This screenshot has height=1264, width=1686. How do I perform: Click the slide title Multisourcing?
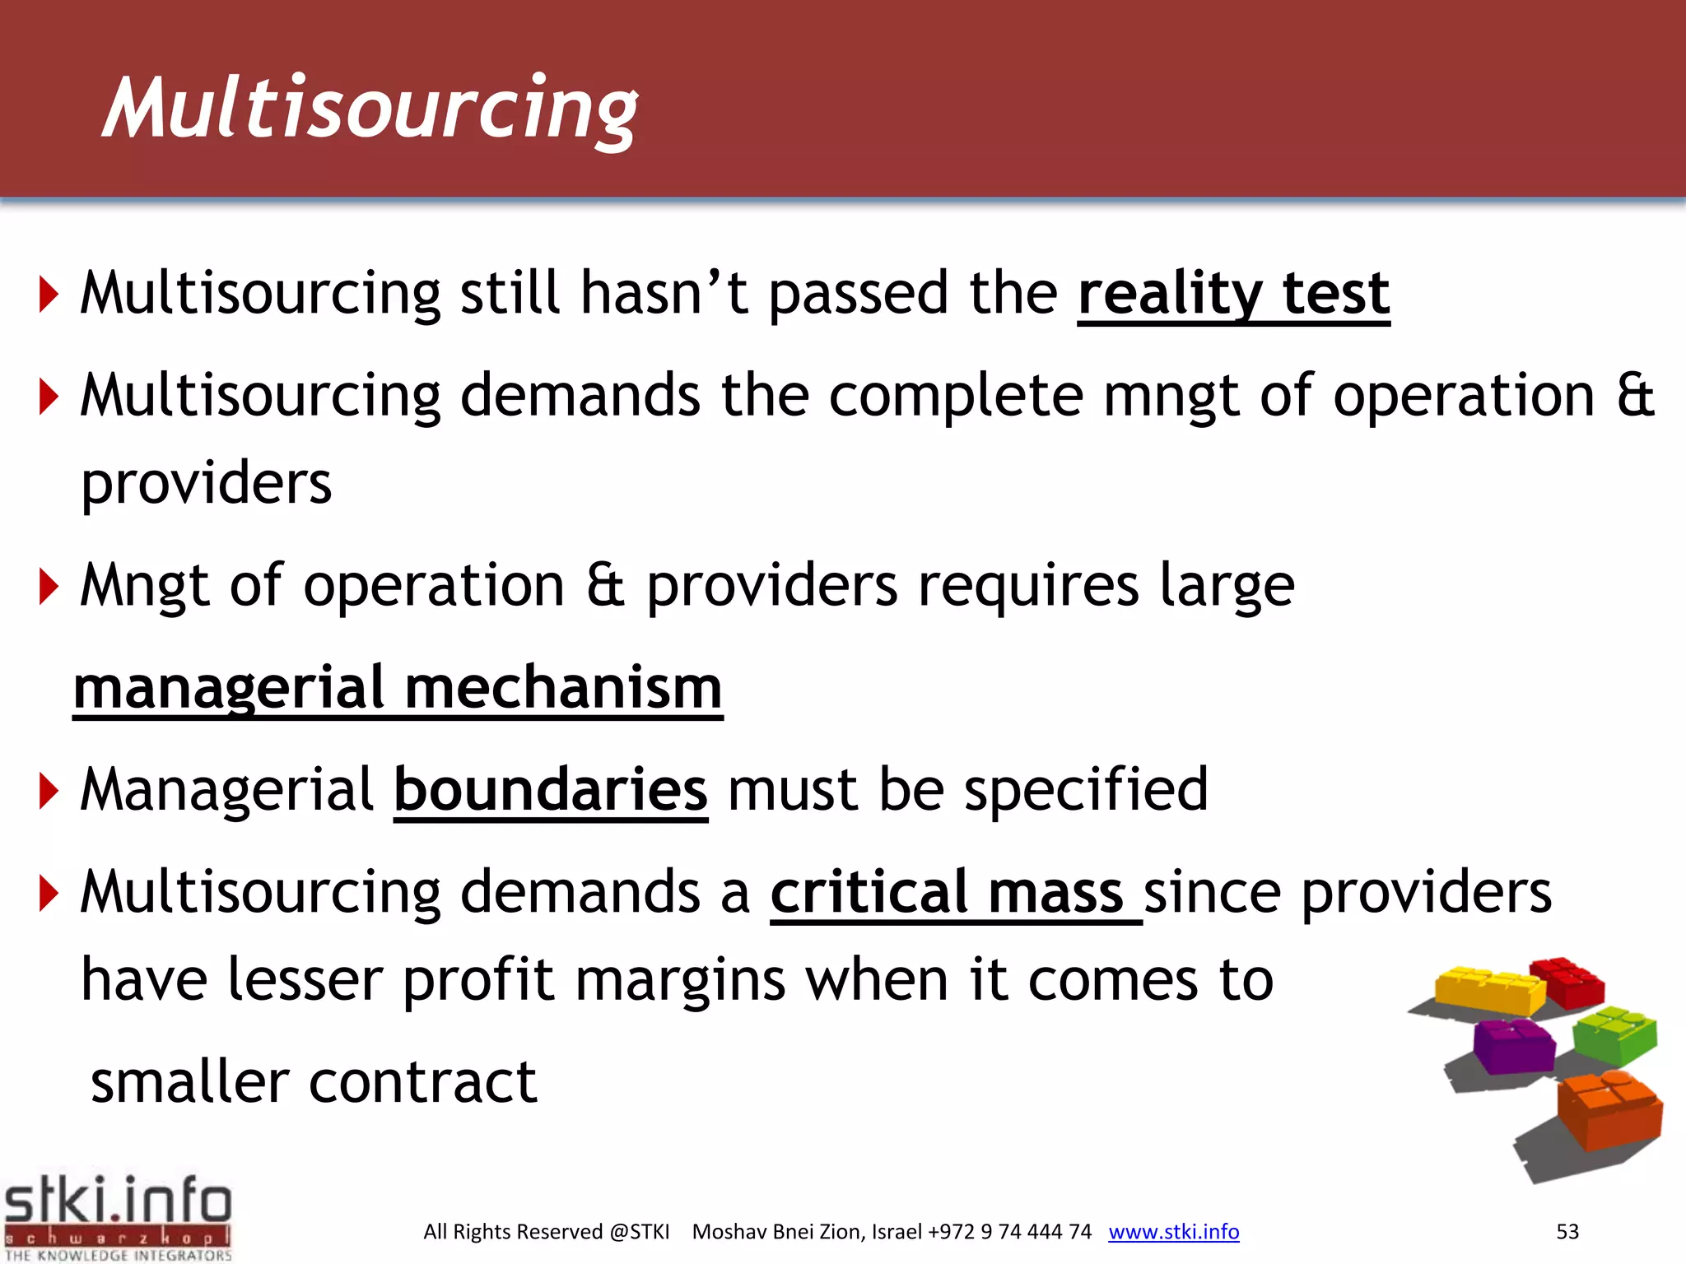coord(370,109)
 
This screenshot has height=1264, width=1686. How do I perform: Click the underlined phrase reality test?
coord(1233,294)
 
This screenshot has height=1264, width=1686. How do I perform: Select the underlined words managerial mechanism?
coord(398,688)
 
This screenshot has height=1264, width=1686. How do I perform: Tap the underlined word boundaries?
coord(551,790)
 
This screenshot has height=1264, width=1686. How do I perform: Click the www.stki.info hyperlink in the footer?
coord(1173,1232)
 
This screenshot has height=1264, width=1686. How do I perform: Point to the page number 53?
coord(1567,1232)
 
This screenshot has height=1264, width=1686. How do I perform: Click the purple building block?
coord(1513,1045)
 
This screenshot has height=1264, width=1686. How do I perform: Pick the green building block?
coord(1614,1034)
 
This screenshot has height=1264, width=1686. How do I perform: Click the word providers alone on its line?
coord(207,483)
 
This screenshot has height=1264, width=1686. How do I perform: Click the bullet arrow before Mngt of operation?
coord(49,587)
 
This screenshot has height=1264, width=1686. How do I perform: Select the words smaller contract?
coord(313,1082)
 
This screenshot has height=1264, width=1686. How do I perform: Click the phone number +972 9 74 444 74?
coord(1009,1232)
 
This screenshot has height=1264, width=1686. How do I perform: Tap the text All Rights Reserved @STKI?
coord(546,1232)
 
